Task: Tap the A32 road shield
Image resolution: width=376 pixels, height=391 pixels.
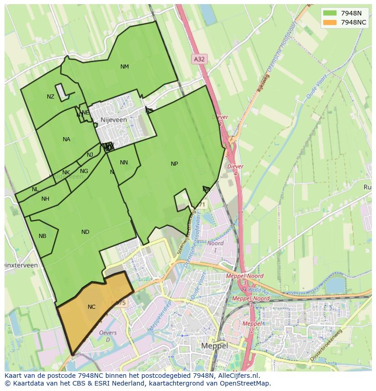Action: coord(199,59)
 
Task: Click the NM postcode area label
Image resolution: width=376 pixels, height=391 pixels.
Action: coord(124,67)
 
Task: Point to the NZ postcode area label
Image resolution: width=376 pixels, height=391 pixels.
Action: coord(50,97)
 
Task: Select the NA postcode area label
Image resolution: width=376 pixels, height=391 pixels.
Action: coord(66,139)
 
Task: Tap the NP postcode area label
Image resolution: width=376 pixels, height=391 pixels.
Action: coord(174,164)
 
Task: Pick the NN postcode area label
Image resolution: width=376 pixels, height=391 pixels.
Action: coord(124,163)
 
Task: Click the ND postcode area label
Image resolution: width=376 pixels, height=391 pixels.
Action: coord(85,232)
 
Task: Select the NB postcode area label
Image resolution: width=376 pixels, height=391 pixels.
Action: coord(42,236)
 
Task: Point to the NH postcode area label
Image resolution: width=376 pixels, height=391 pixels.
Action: coord(45,199)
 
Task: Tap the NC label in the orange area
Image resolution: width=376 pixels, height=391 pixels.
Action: coord(91,307)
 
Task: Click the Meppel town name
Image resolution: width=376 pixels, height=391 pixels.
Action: coord(214,346)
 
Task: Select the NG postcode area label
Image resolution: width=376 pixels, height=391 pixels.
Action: coord(84,171)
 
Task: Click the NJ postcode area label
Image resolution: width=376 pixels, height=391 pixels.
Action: coord(90,155)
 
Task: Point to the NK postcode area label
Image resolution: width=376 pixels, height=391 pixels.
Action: coord(66,173)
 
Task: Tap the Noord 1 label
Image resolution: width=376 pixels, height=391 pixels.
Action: coord(215,247)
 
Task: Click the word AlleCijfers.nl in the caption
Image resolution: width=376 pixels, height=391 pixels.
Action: coord(238,376)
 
